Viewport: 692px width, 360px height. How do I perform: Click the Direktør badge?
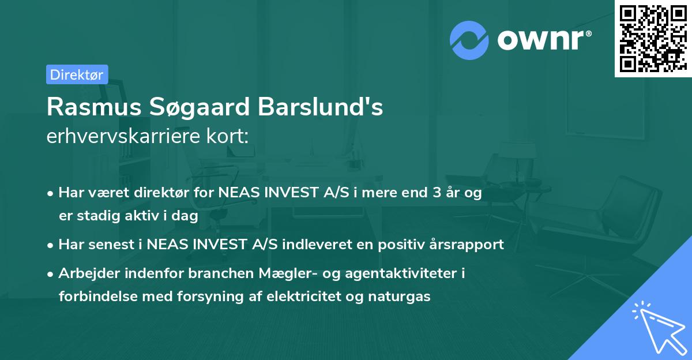click(77, 74)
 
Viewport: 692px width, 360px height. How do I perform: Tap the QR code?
click(652, 38)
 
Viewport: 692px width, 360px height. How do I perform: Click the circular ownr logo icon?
click(469, 40)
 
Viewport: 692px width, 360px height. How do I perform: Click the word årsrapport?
click(465, 245)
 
